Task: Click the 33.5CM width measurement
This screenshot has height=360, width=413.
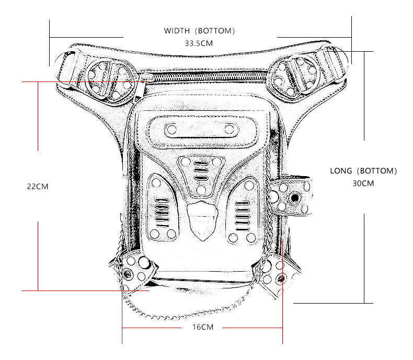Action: (199, 43)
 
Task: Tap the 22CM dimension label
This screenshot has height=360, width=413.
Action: (38, 186)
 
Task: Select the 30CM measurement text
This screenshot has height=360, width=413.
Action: (363, 183)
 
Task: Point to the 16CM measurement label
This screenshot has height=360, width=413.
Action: (201, 327)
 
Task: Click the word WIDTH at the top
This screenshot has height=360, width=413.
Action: (177, 31)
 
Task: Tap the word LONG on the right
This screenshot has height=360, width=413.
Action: (340, 171)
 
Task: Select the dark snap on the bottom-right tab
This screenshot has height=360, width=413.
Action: (282, 278)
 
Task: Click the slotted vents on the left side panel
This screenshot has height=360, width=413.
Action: (162, 211)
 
